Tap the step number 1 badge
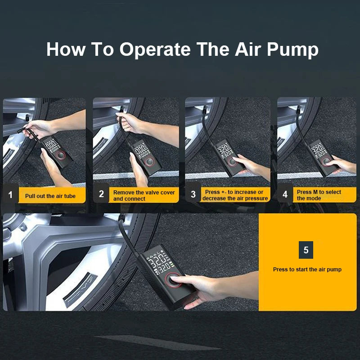10,195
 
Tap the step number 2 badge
101,194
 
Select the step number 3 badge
193,195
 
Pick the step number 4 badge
285,195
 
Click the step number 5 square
306,250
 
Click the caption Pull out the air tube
50,196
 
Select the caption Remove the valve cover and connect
144,195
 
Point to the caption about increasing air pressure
235,195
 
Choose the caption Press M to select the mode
319,195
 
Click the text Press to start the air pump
307,270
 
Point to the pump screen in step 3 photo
225,150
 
